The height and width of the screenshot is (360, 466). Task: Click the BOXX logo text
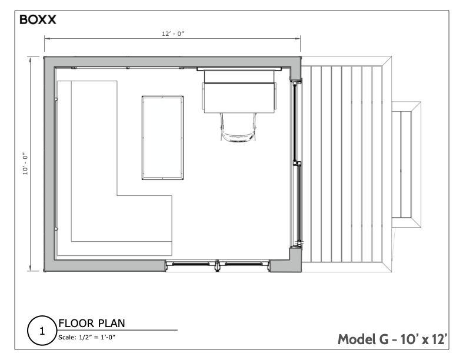tap(38, 19)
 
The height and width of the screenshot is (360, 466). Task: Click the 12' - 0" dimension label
tap(173, 34)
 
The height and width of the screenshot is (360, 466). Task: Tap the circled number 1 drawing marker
tap(42, 331)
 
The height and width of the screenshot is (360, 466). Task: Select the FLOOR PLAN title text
tap(91, 323)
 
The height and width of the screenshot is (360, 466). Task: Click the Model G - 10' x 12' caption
tap(393, 339)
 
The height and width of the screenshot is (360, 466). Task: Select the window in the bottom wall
tap(218, 265)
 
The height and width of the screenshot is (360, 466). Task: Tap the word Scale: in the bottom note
tap(67, 337)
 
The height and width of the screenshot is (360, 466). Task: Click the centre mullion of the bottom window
tap(218, 265)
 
